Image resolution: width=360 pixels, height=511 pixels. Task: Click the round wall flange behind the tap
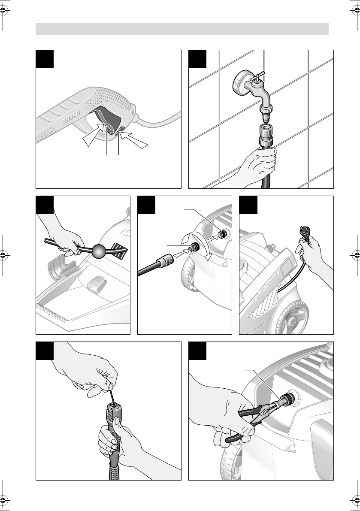click(240, 84)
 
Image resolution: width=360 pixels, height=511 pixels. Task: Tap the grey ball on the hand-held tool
click(100, 251)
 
